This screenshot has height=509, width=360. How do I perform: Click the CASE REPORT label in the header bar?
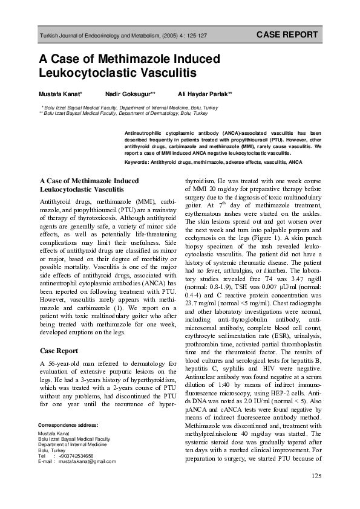(x=287, y=35)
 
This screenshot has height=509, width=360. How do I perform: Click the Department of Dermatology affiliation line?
(x=125, y=113)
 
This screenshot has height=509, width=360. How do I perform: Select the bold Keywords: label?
(x=137, y=163)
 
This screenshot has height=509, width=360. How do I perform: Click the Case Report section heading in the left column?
(x=59, y=351)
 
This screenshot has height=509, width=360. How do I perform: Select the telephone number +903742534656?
(x=76, y=455)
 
